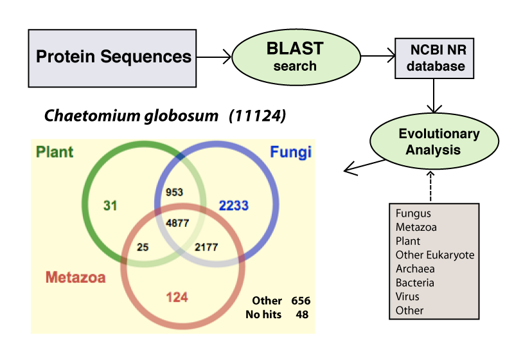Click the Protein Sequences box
pyautogui.click(x=113, y=57)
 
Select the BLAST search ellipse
pyautogui.click(x=295, y=57)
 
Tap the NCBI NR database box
pyautogui.click(x=429, y=57)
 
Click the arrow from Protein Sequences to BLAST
pyautogui.click(x=213, y=57)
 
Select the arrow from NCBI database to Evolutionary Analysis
pyautogui.click(x=434, y=96)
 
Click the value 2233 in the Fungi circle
pyautogui.click(x=233, y=206)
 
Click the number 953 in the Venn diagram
pyautogui.click(x=174, y=192)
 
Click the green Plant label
pyautogui.click(x=55, y=152)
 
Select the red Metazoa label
pyautogui.click(x=76, y=278)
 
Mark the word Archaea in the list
pyautogui.click(x=415, y=269)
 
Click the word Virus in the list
pyautogui.click(x=407, y=296)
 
